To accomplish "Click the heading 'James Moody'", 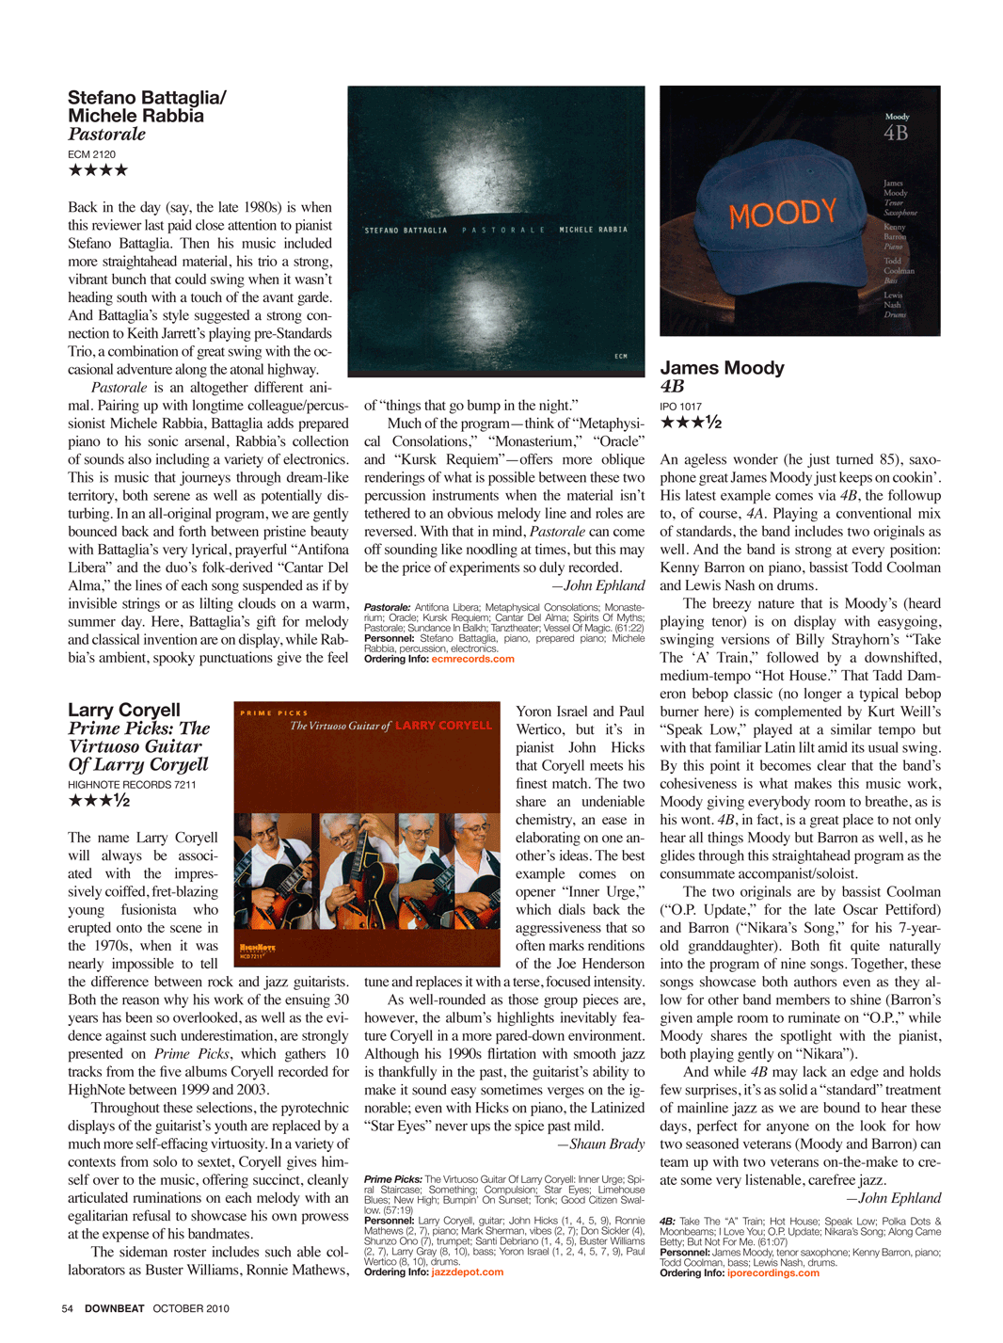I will [x=722, y=368].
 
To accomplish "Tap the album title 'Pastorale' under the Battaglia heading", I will [x=106, y=134].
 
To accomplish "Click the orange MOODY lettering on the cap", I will [x=783, y=214].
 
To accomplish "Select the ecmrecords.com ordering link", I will [x=472, y=659].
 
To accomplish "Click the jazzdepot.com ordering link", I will [x=468, y=1272].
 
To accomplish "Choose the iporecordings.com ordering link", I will [x=772, y=1273].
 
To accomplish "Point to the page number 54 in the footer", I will [x=68, y=1308].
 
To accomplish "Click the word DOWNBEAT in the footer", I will [x=115, y=1308].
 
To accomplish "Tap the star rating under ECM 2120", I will [x=98, y=170].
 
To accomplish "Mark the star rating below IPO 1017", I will [x=691, y=423].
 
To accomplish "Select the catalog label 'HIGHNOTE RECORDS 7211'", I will [x=132, y=784].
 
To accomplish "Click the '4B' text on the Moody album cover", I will [x=896, y=134].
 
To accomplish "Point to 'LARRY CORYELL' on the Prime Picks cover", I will [x=443, y=726].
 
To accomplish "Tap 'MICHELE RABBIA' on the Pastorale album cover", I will [x=593, y=230].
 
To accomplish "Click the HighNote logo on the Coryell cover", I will [x=257, y=949].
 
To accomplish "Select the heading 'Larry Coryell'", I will [x=123, y=710].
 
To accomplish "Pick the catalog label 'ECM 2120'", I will [x=91, y=154].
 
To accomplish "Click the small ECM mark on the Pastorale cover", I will [x=621, y=356].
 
